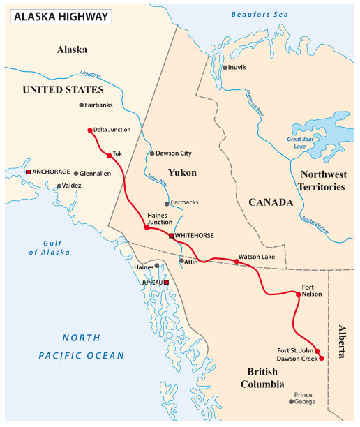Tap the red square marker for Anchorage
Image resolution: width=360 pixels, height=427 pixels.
[x=28, y=172]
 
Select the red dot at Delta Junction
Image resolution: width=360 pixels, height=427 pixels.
[x=90, y=130]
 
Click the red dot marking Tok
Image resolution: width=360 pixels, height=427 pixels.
[x=110, y=156]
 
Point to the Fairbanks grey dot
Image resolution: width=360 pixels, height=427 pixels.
[x=82, y=105]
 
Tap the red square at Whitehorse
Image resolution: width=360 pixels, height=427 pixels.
[x=172, y=237]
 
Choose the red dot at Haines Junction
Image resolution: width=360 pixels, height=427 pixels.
[x=147, y=227]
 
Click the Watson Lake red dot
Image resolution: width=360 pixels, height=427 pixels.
[x=237, y=262]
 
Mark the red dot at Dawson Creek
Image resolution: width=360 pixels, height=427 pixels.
[x=322, y=358]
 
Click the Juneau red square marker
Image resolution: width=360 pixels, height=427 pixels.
[x=167, y=283]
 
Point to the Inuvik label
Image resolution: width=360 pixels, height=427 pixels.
[x=237, y=68]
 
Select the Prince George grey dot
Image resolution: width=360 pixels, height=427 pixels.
[x=292, y=401]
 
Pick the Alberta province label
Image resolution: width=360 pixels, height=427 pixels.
[x=342, y=341]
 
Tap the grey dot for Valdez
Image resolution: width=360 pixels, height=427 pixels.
[x=59, y=186]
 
